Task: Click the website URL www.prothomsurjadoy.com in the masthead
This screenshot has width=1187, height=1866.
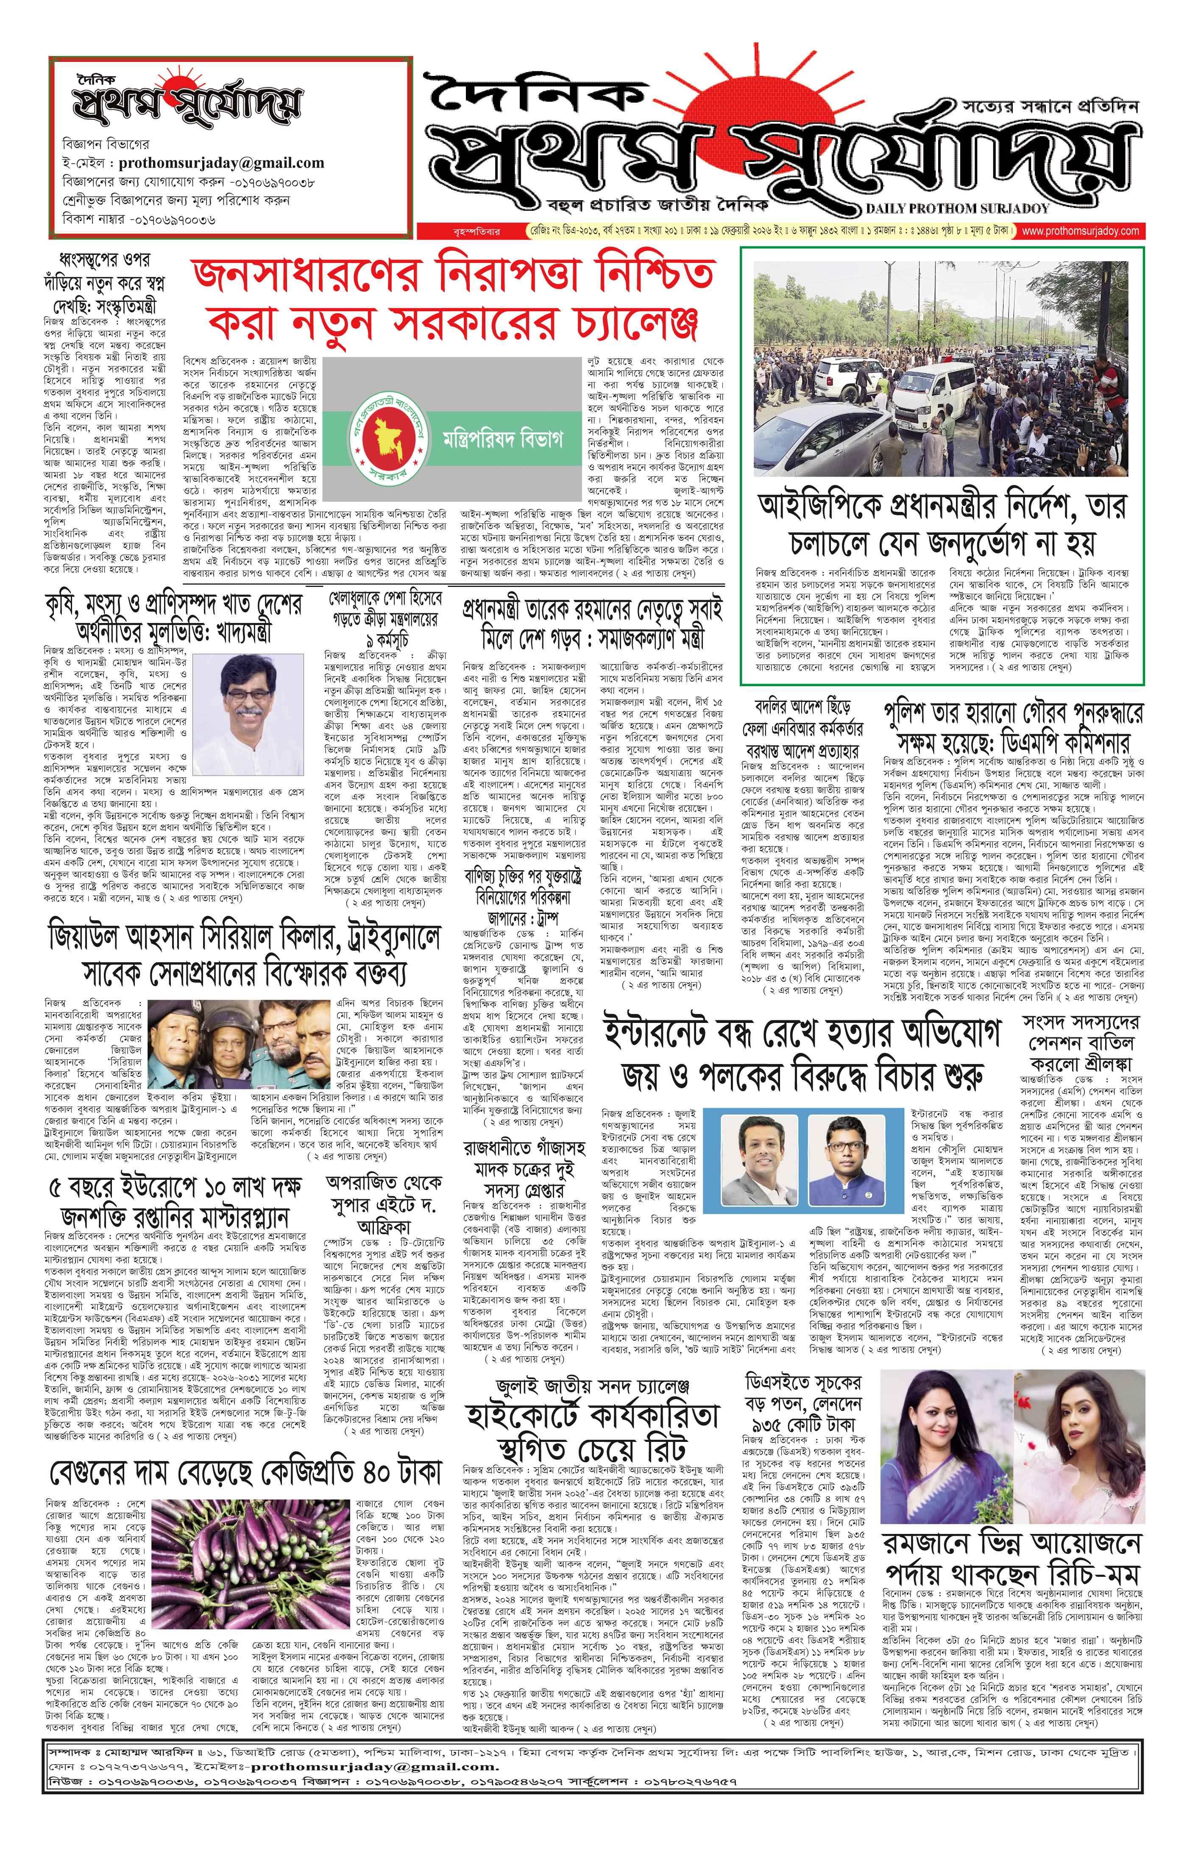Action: coord(1080,231)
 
